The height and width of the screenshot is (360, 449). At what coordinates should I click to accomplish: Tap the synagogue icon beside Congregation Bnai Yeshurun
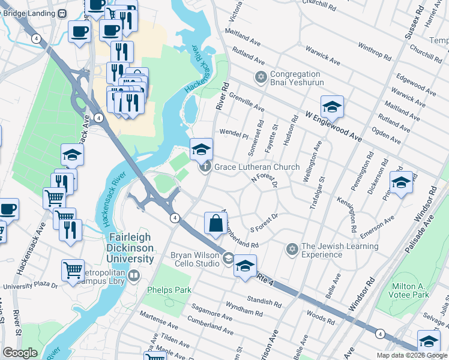tap(261, 77)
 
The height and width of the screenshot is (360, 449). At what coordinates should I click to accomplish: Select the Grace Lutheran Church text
tap(257, 167)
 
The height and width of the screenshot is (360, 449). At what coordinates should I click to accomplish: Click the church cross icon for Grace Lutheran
tap(205, 167)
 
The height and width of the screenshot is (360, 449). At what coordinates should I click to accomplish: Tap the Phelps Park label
tap(169, 290)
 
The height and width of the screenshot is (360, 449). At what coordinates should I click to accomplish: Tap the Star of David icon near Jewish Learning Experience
tap(292, 248)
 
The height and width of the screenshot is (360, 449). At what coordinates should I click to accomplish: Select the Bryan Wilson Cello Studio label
tap(195, 259)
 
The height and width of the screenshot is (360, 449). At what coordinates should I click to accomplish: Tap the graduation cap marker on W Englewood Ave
tap(332, 107)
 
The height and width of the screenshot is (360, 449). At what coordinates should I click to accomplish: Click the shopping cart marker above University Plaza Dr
tap(73, 271)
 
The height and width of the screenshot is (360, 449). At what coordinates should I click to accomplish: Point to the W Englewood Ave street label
tap(334, 125)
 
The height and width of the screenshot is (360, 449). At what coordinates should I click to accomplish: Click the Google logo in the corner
tap(20, 353)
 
